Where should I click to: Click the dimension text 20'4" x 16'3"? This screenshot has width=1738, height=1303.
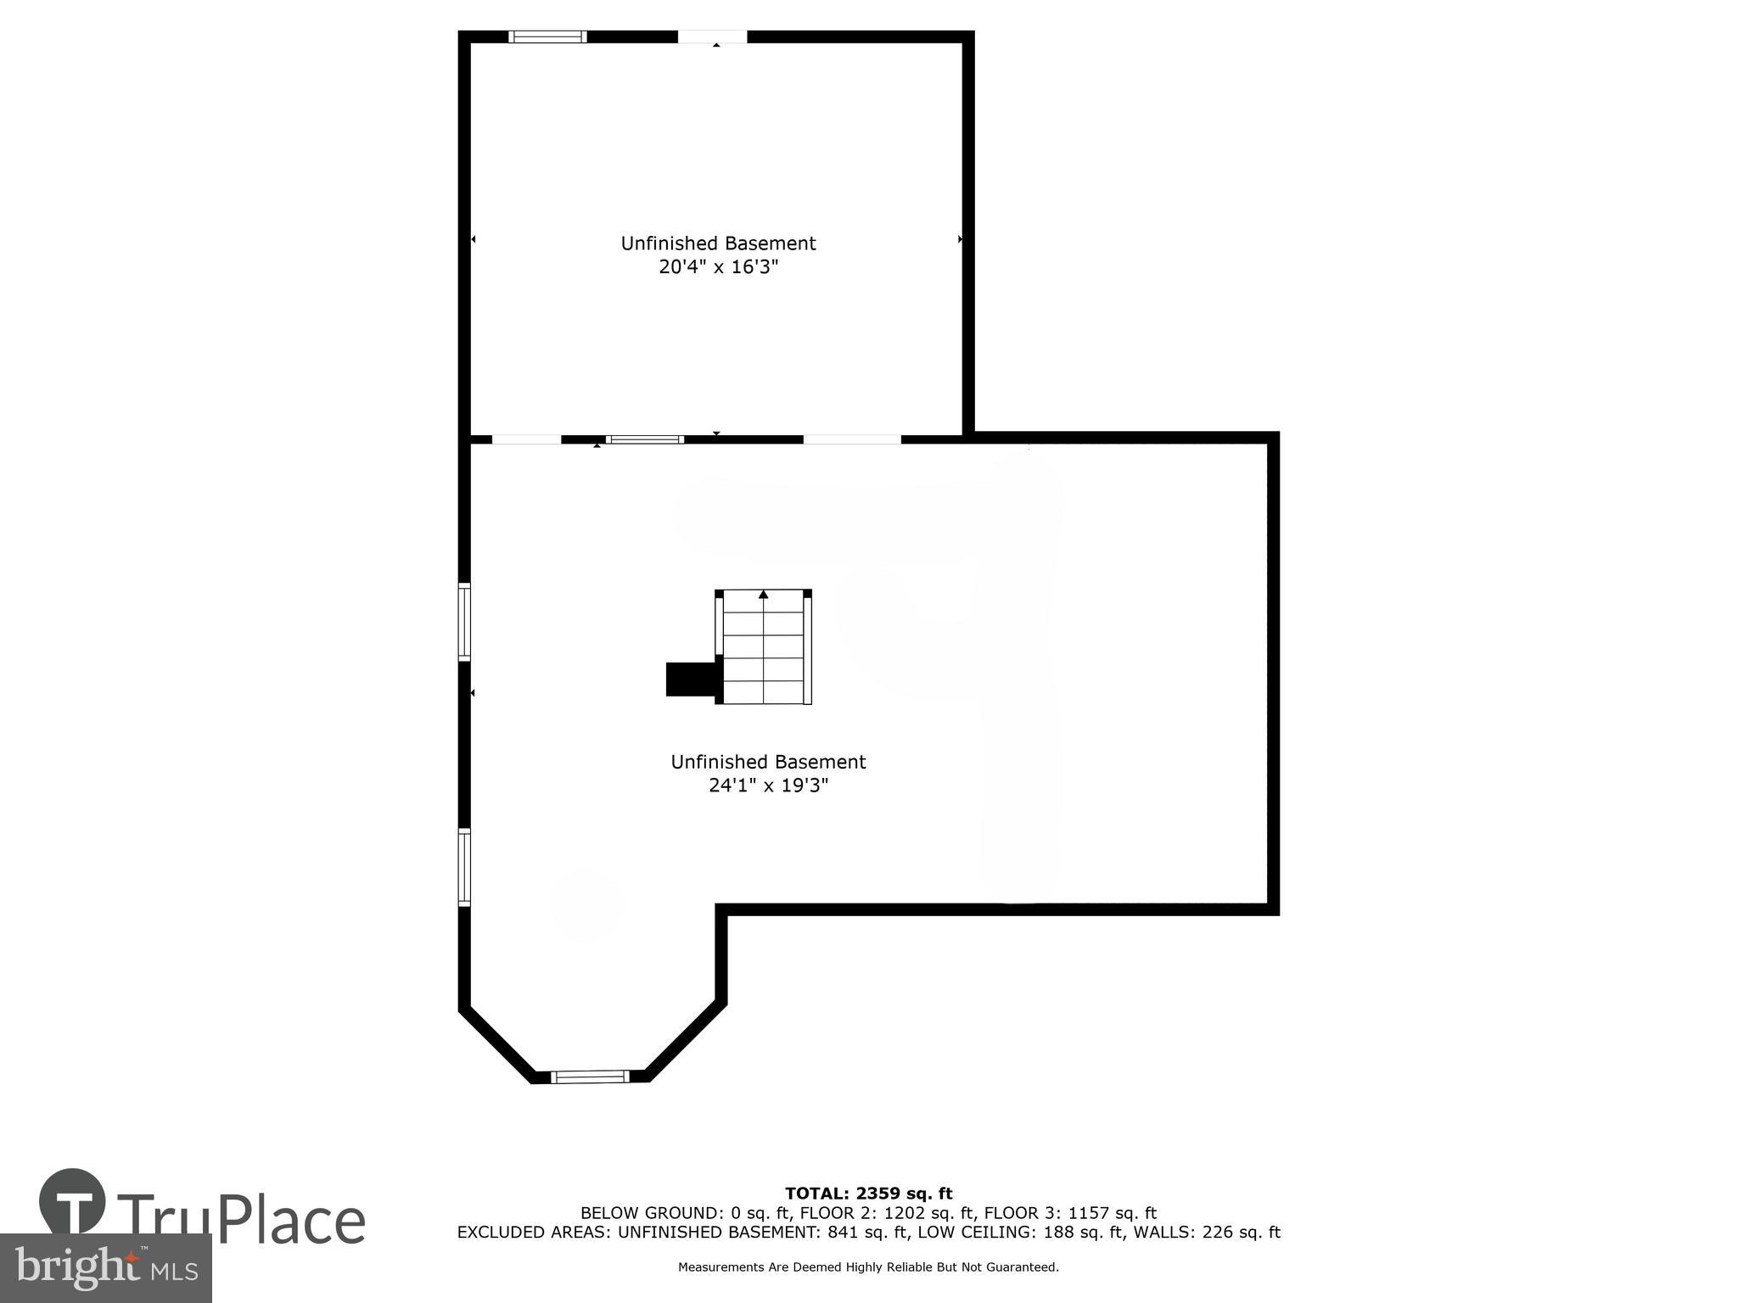point(718,267)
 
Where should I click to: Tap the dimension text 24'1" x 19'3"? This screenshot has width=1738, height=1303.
point(768,786)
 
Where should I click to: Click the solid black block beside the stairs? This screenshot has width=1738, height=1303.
point(690,679)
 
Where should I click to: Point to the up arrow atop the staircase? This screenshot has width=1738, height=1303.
point(763,595)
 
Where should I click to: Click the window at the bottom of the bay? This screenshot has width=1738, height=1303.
point(590,1077)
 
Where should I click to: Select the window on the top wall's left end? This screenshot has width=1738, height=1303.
point(547,36)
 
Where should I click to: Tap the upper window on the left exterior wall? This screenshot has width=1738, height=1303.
point(464,622)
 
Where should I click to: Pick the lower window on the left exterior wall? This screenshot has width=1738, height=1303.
point(464,867)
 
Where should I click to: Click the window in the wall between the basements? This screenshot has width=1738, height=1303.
point(645,439)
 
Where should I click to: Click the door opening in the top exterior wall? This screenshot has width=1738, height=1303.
point(712,36)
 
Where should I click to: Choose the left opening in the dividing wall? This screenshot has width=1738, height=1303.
point(526,439)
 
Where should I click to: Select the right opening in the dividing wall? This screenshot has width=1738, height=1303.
point(851,439)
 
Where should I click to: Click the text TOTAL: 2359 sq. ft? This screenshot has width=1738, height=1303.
point(868,1194)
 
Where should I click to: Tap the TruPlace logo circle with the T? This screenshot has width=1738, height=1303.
point(72,1202)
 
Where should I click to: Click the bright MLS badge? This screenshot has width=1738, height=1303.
point(105,1267)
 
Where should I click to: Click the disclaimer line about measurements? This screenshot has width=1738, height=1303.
point(868,1267)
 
